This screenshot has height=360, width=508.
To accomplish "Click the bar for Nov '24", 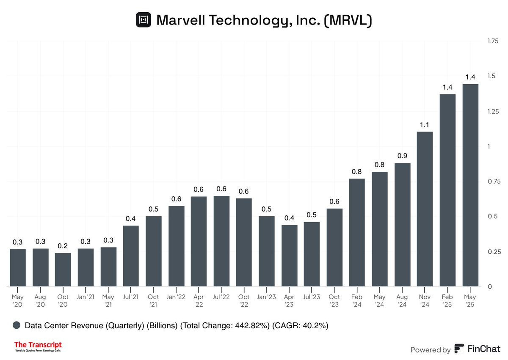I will pos(425,209).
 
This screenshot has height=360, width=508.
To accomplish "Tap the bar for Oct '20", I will pos(63,269).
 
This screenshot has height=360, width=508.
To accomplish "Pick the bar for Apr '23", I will pos(290,256).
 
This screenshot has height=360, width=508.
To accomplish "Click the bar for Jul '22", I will pos(221,241).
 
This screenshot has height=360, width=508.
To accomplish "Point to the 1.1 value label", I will pos(425,125).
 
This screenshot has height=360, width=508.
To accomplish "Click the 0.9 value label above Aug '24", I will pos(402,156).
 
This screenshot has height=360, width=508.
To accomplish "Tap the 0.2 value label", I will pos(63,246).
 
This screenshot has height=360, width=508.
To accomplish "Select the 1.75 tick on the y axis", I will pos(493,41).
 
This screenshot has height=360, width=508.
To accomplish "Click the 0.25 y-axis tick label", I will pos(493,252).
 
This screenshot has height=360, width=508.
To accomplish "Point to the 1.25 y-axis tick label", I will pos(493,111).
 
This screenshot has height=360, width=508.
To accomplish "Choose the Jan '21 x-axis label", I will pos(86,297).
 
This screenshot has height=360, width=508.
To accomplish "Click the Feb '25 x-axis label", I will pos(447,300).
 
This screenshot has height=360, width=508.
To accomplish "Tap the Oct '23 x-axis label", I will pos(334,300).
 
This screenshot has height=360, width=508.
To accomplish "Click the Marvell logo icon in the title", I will pos(143,20).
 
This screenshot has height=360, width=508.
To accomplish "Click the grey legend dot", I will pos(17,325).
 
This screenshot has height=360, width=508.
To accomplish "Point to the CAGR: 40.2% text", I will pos(300,326).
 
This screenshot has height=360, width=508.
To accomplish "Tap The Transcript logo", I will pos(38,347).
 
